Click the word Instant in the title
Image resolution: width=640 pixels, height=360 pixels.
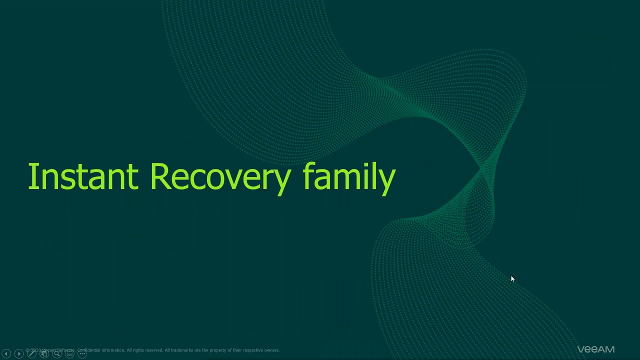(82, 177)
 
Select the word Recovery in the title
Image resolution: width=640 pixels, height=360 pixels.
(220, 177)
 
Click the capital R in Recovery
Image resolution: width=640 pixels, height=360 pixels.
(159, 176)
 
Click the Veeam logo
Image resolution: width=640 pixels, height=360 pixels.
(595, 349)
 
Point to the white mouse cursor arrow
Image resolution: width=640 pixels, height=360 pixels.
(512, 279)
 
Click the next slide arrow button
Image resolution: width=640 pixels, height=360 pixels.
(19, 354)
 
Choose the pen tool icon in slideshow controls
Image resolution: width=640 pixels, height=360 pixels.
(31, 354)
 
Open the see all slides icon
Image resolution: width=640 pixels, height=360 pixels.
(44, 354)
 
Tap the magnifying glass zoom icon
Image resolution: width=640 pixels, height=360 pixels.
(57, 354)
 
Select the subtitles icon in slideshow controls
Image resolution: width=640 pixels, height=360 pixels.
(70, 354)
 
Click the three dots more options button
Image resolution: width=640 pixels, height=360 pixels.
(82, 354)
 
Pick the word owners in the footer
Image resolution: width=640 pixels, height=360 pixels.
(270, 350)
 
